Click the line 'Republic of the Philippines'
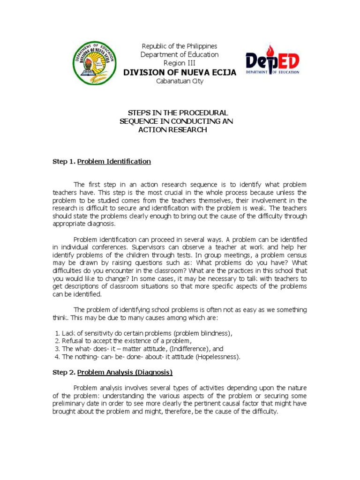coord(180,46)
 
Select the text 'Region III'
coord(180,63)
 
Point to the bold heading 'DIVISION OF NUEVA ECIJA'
coord(180,72)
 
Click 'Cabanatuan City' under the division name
coord(180,81)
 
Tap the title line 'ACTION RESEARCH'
coord(172,130)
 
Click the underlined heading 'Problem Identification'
coord(114,162)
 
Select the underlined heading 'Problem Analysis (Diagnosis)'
coord(125,373)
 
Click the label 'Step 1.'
coord(63,162)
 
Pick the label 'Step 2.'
coord(63,373)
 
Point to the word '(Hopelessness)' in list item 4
coord(217,357)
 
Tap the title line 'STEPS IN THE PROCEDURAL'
coord(178,113)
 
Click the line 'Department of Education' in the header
coord(180,54)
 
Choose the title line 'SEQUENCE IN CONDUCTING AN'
coord(177,121)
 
